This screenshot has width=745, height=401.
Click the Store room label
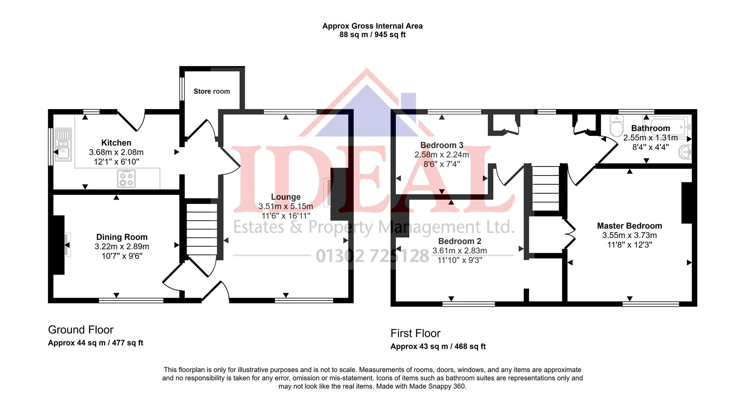[x=211, y=91]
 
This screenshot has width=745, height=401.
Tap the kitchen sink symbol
[x=63, y=145]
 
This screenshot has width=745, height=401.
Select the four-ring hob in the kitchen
[x=126, y=179]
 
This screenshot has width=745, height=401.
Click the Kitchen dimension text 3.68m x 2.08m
[x=116, y=152]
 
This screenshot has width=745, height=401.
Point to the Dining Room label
[x=122, y=237]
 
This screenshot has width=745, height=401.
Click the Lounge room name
[x=286, y=197]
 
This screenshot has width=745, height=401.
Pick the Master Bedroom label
[x=629, y=226]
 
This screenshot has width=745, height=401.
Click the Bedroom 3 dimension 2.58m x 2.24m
[x=442, y=154]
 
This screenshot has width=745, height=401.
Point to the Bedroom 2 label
[x=459, y=241]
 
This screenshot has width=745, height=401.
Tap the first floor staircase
[x=545, y=188]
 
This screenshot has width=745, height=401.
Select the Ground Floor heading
[x=81, y=330]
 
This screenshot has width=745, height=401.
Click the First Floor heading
[x=415, y=333]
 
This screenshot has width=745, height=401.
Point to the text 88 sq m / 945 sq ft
[x=372, y=35]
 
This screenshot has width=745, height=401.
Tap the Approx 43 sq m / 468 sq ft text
[x=438, y=346]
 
